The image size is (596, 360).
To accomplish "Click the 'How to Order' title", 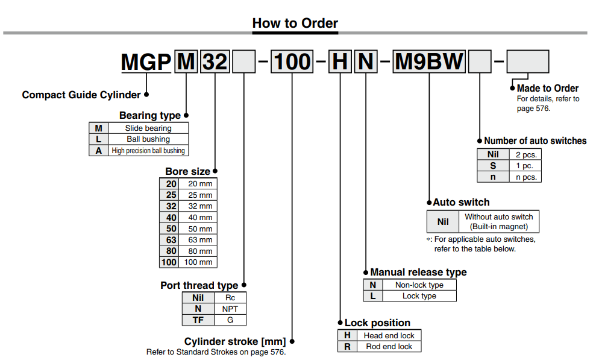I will [295, 24].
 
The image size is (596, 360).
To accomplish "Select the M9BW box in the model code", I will [428, 62].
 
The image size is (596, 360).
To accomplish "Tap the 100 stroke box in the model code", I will [292, 62].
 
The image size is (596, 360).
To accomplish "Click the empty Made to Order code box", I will [527, 62].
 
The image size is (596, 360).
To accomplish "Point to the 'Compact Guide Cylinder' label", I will [81, 95].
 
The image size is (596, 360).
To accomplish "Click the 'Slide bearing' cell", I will [148, 128].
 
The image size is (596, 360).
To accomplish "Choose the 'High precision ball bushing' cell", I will [148, 151].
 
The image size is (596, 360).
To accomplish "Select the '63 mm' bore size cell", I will [200, 240].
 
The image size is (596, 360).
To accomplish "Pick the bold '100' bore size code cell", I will [169, 262].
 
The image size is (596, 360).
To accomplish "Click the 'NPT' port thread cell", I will [230, 309].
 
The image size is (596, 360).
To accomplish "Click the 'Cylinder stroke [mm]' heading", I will [235, 342].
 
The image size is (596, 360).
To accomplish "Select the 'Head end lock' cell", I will [389, 335].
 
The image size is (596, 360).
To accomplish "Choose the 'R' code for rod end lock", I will [347, 347].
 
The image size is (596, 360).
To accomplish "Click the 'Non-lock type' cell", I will [419, 285].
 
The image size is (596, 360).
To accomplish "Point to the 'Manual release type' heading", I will [418, 272].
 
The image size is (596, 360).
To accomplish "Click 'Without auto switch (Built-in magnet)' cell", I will [498, 221].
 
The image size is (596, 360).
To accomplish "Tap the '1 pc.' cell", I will [524, 166].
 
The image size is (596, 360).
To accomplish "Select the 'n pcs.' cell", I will [524, 177].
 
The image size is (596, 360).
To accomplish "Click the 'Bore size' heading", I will [188, 172].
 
